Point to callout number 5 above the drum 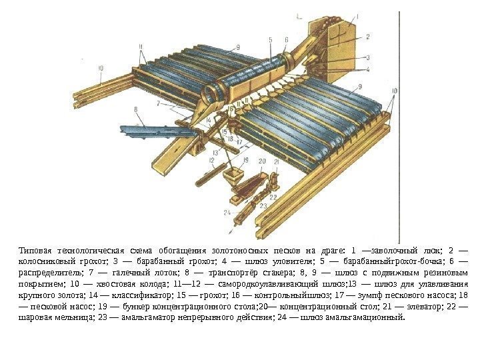click(x=270, y=40)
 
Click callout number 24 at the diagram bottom click(x=227, y=212)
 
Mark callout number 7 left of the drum click(x=158, y=104)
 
